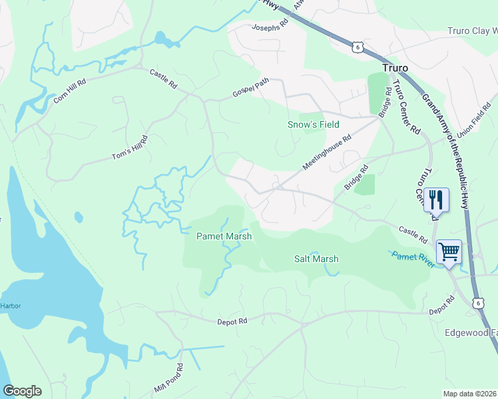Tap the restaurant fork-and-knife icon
[x=436, y=199]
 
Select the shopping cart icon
[x=449, y=253]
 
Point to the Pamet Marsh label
[x=224, y=236]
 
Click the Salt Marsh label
[x=316, y=259]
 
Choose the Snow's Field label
[x=313, y=124]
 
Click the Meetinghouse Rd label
[x=326, y=154]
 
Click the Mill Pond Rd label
[x=168, y=378]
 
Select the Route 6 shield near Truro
[x=358, y=46]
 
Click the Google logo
[x=22, y=391]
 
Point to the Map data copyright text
[x=470, y=394]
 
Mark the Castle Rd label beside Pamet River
[x=413, y=234]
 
